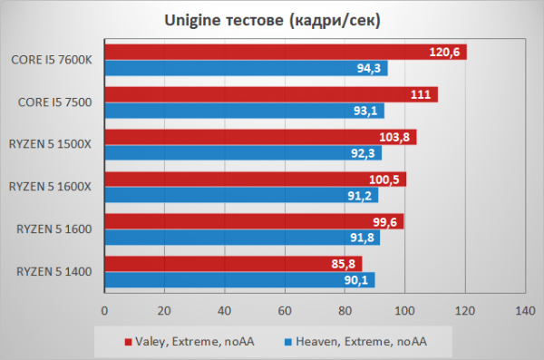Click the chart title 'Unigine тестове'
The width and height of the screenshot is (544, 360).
(224, 21)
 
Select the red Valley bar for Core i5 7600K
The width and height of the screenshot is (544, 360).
(286, 52)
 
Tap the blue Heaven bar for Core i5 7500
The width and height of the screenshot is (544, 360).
(245, 111)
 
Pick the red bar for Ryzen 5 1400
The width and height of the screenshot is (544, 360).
(234, 264)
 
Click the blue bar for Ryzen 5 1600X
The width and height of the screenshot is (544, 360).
(241, 196)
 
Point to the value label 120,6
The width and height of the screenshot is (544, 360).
(444, 52)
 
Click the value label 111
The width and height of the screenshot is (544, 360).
(421, 94)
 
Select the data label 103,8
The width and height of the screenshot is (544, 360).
(394, 137)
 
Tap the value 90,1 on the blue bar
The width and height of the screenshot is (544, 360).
(356, 280)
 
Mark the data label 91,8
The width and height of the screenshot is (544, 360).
(362, 238)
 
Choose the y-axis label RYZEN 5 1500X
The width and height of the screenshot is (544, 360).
(50, 144)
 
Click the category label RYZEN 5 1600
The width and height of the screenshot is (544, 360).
(54, 229)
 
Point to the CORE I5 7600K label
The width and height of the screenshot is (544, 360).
(52, 60)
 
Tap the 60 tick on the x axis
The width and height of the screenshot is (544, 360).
(285, 311)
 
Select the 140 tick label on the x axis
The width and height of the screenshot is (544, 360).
(525, 311)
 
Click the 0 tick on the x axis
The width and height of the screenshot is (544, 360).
(104, 311)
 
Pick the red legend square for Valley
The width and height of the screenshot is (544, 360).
(129, 342)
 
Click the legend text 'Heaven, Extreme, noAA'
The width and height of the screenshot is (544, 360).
(361, 342)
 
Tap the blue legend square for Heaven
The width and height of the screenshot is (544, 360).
(288, 342)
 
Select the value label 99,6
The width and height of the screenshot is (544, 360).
(384, 222)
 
